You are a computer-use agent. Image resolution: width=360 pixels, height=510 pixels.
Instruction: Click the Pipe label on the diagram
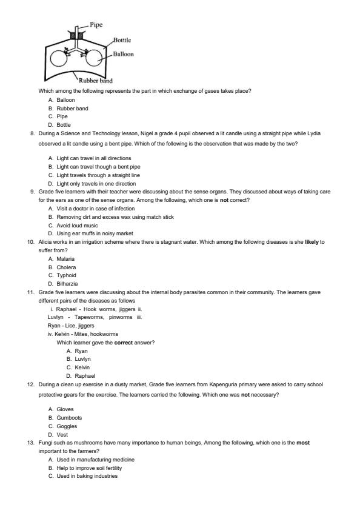tap(96, 25)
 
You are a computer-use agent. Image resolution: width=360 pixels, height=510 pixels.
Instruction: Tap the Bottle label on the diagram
tap(122, 40)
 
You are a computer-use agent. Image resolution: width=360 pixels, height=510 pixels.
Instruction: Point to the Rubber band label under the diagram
tap(95, 81)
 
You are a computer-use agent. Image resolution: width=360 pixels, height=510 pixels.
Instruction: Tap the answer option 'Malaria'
tap(66, 258)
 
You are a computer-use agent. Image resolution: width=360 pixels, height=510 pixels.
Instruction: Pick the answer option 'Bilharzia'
tap(67, 283)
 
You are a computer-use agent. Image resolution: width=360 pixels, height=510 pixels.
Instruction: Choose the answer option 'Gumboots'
tap(69, 417)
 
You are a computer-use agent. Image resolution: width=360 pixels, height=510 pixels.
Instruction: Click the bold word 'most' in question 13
tap(303, 443)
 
